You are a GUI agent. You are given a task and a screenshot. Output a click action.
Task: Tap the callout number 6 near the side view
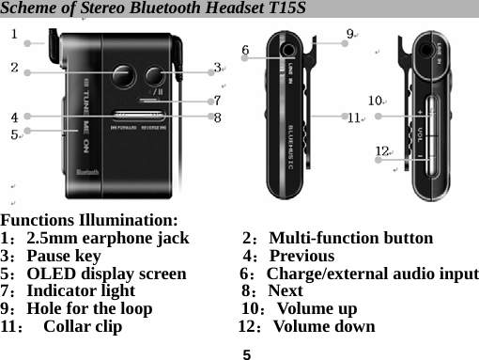click(246, 49)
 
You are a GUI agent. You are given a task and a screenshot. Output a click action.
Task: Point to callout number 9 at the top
click(349, 35)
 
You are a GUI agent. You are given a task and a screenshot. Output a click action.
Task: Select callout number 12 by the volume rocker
click(381, 150)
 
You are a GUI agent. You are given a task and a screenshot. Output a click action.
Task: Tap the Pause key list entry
click(63, 257)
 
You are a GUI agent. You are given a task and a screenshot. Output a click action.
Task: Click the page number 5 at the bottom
click(246, 354)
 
